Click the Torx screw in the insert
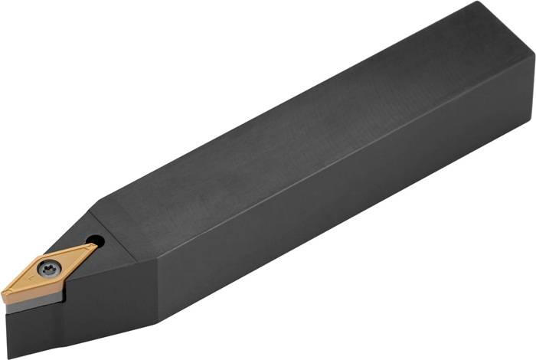coord(51,268)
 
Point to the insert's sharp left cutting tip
coord(4,296)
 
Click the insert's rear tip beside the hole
coord(95,247)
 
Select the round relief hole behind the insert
coord(95,241)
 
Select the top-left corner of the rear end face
coord(475,4)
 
